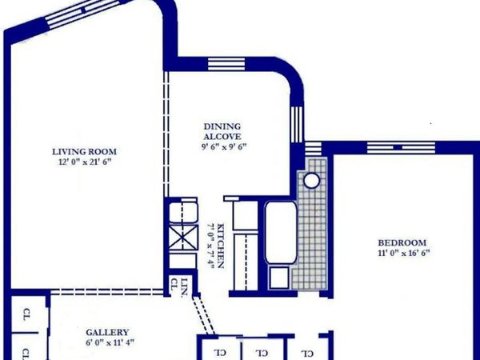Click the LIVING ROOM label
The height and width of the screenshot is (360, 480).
[84, 152]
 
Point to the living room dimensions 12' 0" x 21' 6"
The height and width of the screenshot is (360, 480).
[84, 162]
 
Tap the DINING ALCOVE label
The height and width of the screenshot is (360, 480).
[222, 131]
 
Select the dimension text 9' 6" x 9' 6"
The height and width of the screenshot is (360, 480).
[222, 146]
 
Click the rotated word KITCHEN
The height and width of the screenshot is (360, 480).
[221, 246]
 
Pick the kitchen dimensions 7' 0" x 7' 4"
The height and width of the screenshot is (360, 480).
[211, 246]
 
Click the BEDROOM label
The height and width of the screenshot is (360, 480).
[402, 243]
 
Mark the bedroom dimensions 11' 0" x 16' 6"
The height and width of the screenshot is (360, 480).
[404, 253]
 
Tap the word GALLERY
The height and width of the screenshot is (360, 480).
[107, 333]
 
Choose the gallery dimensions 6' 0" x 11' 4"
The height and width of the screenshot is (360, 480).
[110, 342]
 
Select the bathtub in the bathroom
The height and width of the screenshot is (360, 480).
[281, 233]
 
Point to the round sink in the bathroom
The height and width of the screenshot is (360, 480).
[312, 181]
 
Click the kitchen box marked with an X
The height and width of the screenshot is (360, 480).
[183, 237]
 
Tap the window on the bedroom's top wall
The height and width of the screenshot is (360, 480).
[401, 147]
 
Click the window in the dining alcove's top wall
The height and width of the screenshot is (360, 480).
[226, 64]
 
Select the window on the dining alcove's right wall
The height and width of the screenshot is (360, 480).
[297, 124]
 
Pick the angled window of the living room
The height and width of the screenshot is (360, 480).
[83, 13]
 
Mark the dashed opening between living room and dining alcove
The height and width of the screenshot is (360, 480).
[166, 134]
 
